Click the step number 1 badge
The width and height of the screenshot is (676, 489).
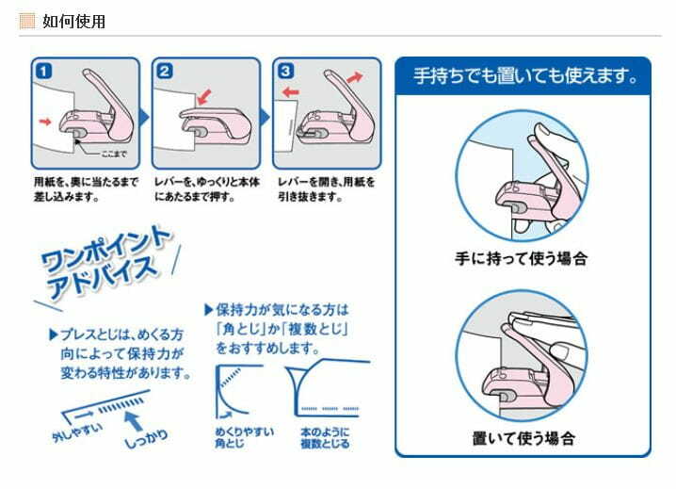(44, 71)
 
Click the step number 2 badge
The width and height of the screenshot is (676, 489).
(165, 71)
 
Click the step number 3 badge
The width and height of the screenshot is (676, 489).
(285, 71)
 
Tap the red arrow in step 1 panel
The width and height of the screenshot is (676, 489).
(45, 122)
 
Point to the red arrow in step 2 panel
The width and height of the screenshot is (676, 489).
(204, 97)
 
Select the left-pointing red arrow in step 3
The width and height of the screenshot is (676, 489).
(291, 92)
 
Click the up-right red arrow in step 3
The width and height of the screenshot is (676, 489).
(355, 77)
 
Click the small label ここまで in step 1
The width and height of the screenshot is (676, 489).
(114, 154)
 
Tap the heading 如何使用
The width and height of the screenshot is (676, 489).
(73, 21)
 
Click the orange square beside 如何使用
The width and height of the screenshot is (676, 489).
(26, 21)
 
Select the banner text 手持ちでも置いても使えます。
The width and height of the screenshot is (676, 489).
(525, 76)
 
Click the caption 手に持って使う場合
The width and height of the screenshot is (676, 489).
(522, 258)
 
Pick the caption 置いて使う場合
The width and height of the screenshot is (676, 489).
(523, 438)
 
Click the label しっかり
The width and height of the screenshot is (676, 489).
(146, 438)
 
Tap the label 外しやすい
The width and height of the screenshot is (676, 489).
(77, 432)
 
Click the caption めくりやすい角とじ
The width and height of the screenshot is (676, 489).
(245, 437)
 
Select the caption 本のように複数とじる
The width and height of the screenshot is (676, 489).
(325, 437)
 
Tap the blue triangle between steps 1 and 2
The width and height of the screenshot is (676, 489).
(144, 117)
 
